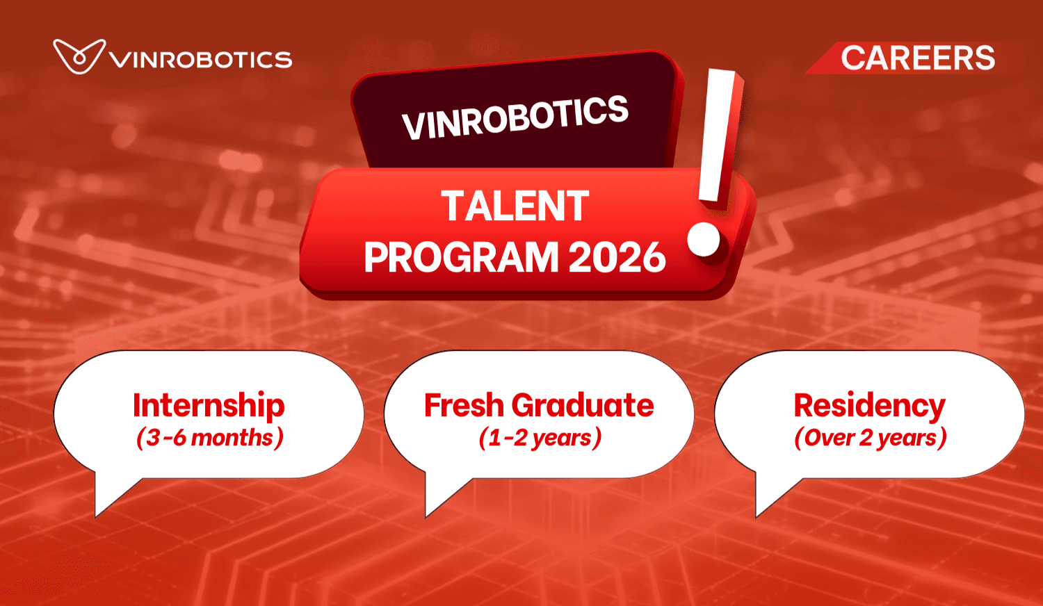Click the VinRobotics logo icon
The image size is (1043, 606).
[79, 57]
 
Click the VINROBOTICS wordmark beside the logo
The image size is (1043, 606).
[201, 60]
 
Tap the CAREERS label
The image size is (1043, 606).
[917, 58]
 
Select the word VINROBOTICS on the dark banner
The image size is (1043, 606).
[515, 117]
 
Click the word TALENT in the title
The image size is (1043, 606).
[515, 206]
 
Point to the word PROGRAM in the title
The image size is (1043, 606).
[461, 258]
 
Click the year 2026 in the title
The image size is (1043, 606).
[617, 258]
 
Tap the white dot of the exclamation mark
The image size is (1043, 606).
[704, 239]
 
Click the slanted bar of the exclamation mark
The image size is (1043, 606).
[719, 136]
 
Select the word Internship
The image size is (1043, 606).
[209, 405]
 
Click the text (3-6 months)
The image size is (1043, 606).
[209, 438]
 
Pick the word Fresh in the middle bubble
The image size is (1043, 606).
[464, 405]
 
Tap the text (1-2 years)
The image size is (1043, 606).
[540, 438]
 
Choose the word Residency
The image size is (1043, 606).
[869, 405]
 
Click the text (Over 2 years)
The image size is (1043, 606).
[870, 438]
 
